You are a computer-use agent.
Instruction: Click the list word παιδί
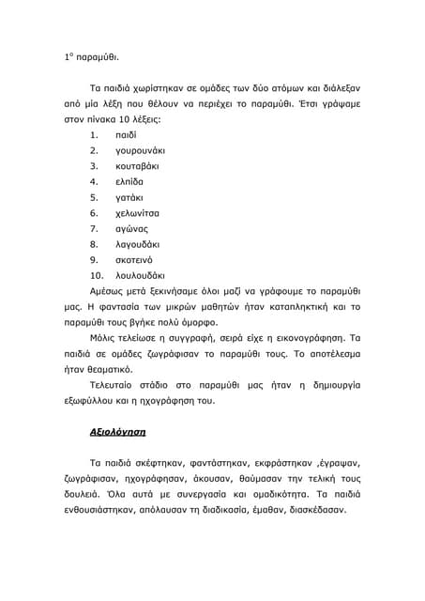126,135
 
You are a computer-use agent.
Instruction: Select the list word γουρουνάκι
140,150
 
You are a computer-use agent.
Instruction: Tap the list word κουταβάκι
139,166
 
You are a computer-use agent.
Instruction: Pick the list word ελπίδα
129,181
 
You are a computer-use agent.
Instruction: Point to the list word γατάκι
129,197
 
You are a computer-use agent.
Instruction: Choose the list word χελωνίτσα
137,213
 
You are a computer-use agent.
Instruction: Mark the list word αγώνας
131,228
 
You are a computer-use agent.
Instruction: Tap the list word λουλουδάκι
139,276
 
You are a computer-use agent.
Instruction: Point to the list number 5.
94,197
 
